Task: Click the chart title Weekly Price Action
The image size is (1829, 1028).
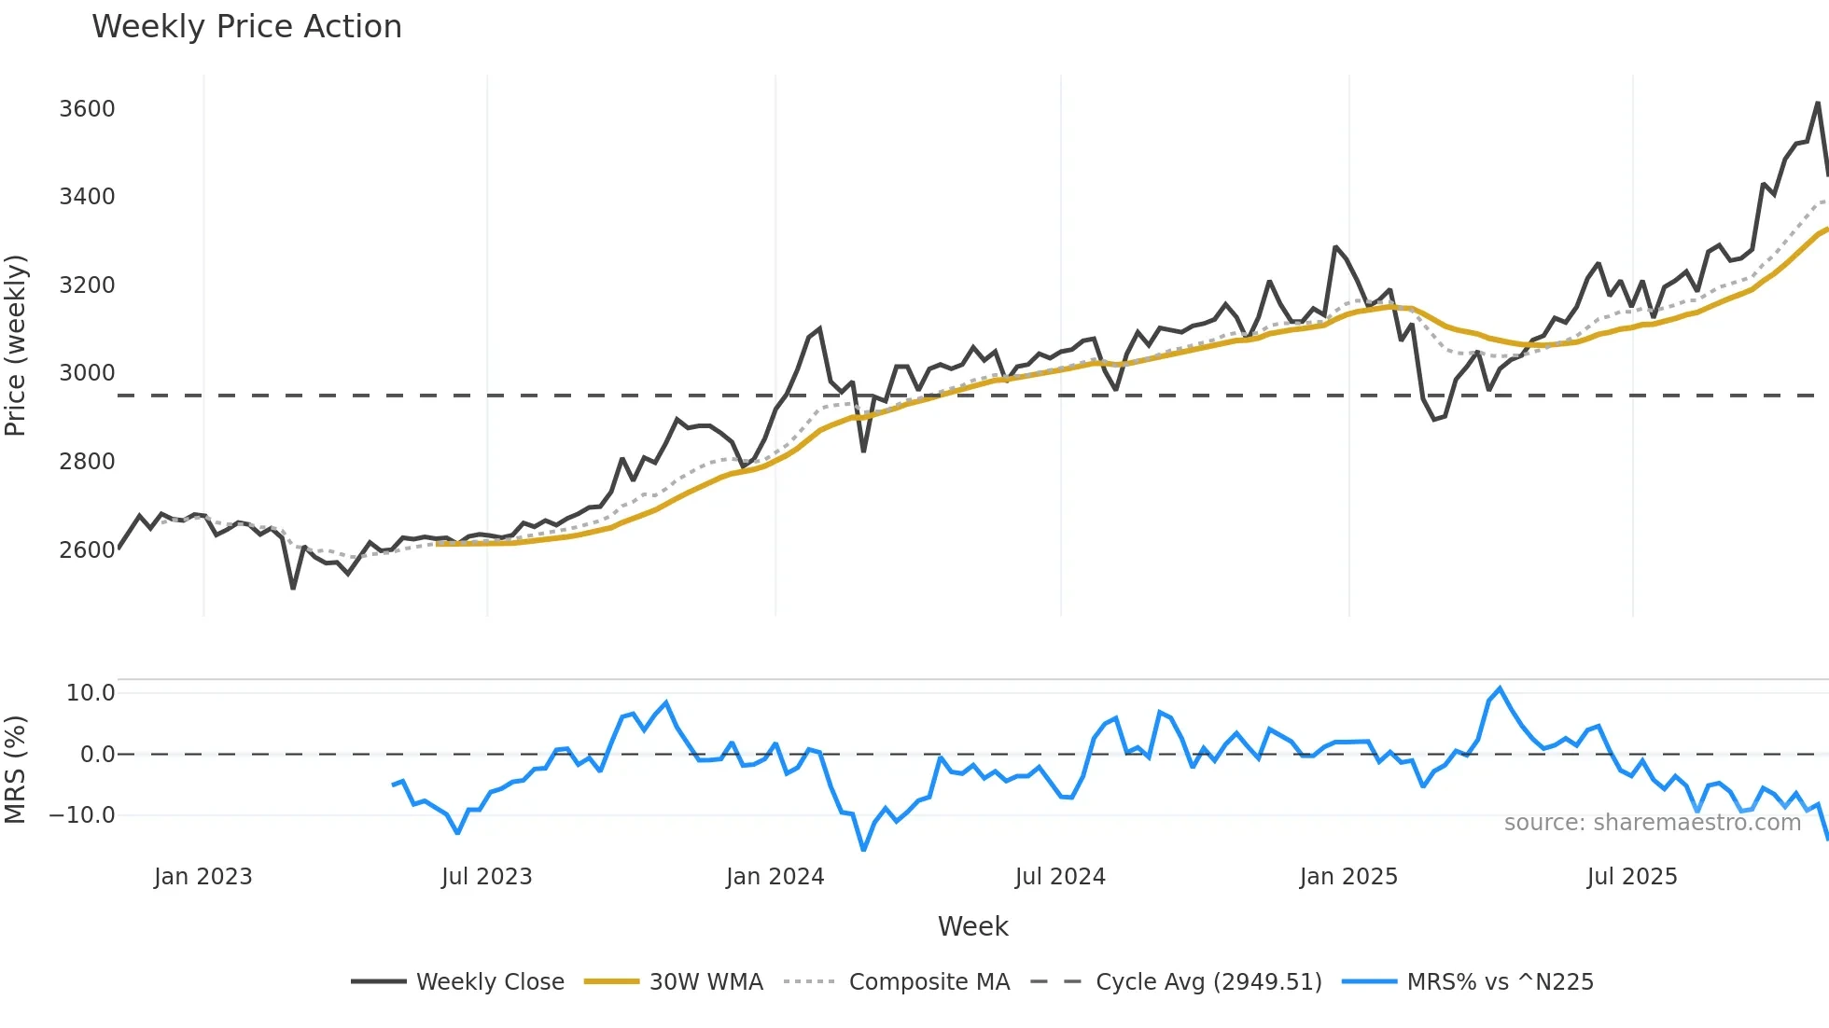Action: pyautogui.click(x=246, y=27)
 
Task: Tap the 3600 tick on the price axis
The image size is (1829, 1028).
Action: pyautogui.click(x=87, y=109)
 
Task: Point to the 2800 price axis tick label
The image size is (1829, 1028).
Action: pyautogui.click(x=87, y=462)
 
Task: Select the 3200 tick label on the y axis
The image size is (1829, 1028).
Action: pyautogui.click(x=87, y=285)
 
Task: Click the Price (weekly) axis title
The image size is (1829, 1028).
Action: pyautogui.click(x=15, y=345)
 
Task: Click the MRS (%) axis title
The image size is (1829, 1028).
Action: pyautogui.click(x=15, y=770)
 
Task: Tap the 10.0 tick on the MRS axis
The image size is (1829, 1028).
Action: pyautogui.click(x=91, y=693)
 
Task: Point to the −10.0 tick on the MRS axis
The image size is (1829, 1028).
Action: pyautogui.click(x=82, y=815)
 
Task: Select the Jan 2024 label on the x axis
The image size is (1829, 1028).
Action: pyautogui.click(x=775, y=877)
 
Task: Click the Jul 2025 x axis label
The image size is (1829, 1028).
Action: pyautogui.click(x=1631, y=877)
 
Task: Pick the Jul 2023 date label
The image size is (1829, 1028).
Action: pyautogui.click(x=486, y=877)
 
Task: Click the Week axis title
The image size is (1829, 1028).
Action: pyautogui.click(x=972, y=926)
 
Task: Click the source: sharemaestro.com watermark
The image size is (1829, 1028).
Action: pyautogui.click(x=1652, y=823)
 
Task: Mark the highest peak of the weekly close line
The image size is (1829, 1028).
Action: pyautogui.click(x=1818, y=104)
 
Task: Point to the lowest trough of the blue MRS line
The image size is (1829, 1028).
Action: pyautogui.click(x=863, y=850)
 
